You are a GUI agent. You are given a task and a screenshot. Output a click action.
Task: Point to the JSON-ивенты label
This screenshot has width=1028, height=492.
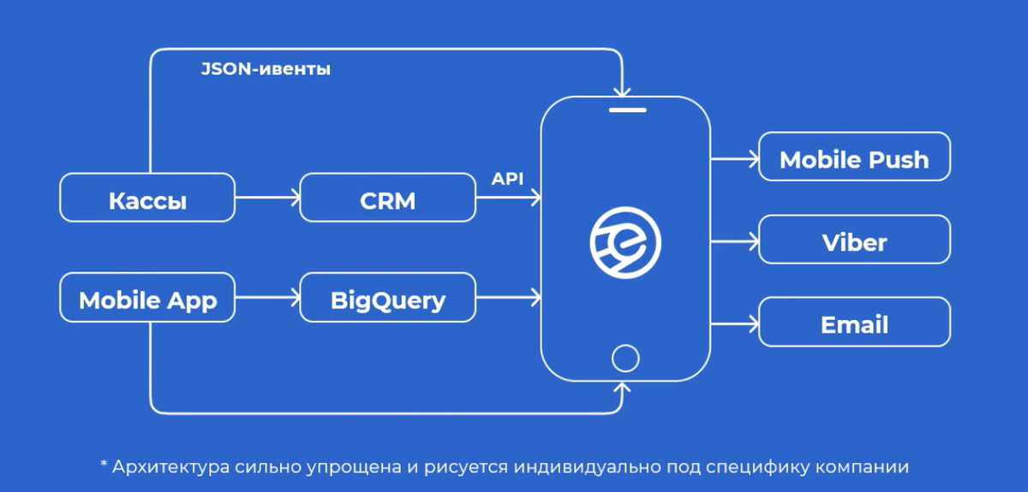[x=266, y=70]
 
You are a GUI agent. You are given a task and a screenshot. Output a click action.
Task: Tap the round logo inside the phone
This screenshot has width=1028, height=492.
[x=625, y=243]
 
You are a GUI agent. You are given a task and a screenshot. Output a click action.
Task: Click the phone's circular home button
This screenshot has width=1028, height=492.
[x=625, y=357]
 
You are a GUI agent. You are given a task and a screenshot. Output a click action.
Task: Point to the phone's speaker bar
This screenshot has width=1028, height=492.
[x=626, y=110]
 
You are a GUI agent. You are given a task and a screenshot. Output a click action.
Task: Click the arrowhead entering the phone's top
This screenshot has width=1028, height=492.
[x=625, y=88]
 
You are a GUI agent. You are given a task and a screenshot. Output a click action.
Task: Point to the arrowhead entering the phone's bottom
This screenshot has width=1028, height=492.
[x=625, y=388]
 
